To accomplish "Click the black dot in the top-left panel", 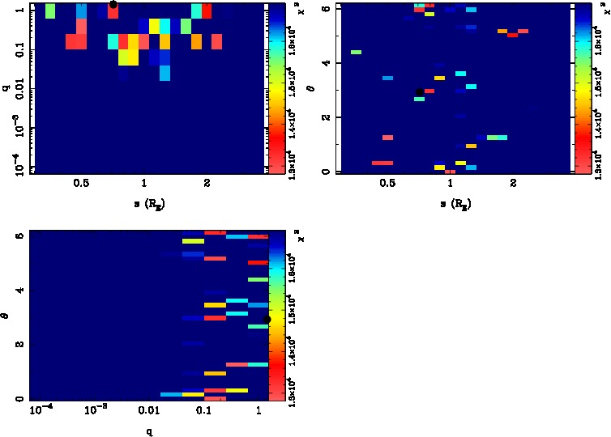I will [x=113, y=4].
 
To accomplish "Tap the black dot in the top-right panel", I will [x=419, y=92].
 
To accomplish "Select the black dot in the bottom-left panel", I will [x=267, y=320].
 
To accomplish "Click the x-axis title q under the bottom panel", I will [x=149, y=431].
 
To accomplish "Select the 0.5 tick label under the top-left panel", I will [x=80, y=184].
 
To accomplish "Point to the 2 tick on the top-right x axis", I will [x=513, y=184].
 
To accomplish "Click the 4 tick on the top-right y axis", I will [x=324, y=63].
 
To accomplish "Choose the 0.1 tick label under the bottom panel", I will [x=203, y=412].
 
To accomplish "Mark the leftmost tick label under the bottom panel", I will [x=41, y=411].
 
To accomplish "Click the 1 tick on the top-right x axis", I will [x=450, y=184].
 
